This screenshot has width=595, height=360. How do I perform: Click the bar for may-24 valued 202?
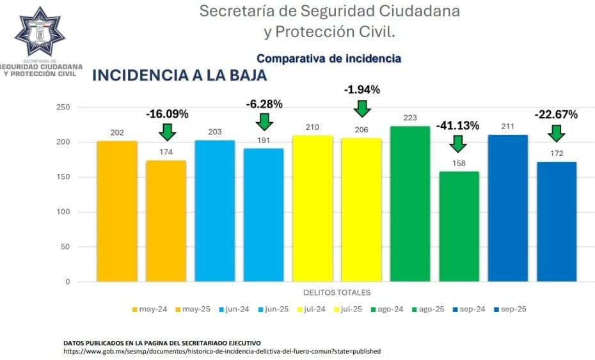[x=117, y=211]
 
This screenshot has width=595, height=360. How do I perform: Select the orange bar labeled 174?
[x=166, y=221]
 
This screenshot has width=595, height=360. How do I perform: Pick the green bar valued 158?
[x=459, y=226]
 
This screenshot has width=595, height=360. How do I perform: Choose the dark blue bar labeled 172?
[x=556, y=221]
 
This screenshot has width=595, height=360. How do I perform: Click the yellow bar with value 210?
[x=312, y=208]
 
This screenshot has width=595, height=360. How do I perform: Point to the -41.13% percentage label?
[x=457, y=125]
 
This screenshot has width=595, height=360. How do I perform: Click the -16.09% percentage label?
[x=167, y=114]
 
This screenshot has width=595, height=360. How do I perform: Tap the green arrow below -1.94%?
[x=362, y=107]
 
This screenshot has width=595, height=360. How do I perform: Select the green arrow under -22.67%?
[x=556, y=132]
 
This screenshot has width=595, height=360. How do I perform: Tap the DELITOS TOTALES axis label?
[x=337, y=293]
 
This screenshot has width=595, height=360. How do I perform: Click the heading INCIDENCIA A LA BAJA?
[x=180, y=75]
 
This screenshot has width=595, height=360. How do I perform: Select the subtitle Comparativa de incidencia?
[x=329, y=58]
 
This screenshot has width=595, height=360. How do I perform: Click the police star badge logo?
[x=40, y=31]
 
